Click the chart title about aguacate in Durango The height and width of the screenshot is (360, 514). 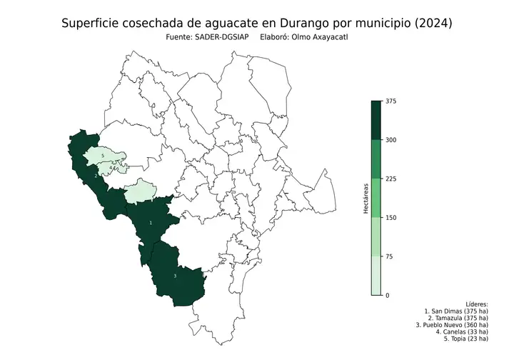tap(256, 24)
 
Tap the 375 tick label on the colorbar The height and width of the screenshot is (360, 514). tap(390, 101)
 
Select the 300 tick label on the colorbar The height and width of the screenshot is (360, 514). tap(390, 140)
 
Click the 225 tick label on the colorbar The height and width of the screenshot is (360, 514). tap(390, 179)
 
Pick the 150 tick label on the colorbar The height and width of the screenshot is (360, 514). tap(390, 218)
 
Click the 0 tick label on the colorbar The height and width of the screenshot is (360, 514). tap(387, 295)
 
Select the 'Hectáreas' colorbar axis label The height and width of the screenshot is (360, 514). tap(363, 198)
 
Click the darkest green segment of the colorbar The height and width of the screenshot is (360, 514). tap(376, 120)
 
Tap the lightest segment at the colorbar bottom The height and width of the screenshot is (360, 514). tap(376, 276)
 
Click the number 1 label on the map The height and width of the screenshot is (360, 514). tap(151, 223)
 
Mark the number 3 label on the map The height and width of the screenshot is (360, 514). tap(175, 276)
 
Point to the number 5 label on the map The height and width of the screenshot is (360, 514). tap(104, 155)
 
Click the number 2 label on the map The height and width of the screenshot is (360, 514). tap(96, 175)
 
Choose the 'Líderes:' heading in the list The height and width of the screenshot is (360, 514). tap(476, 304)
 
